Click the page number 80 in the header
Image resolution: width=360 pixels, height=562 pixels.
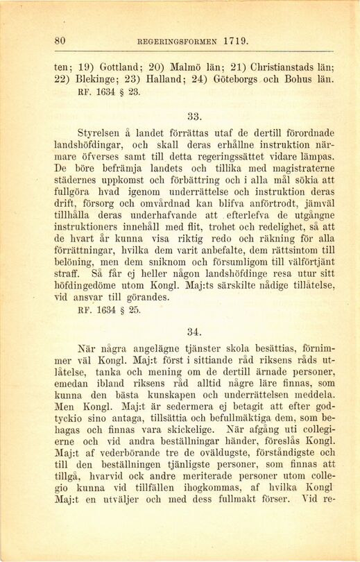click(x=60, y=41)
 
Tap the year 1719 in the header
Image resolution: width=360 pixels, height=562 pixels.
click(x=237, y=41)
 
